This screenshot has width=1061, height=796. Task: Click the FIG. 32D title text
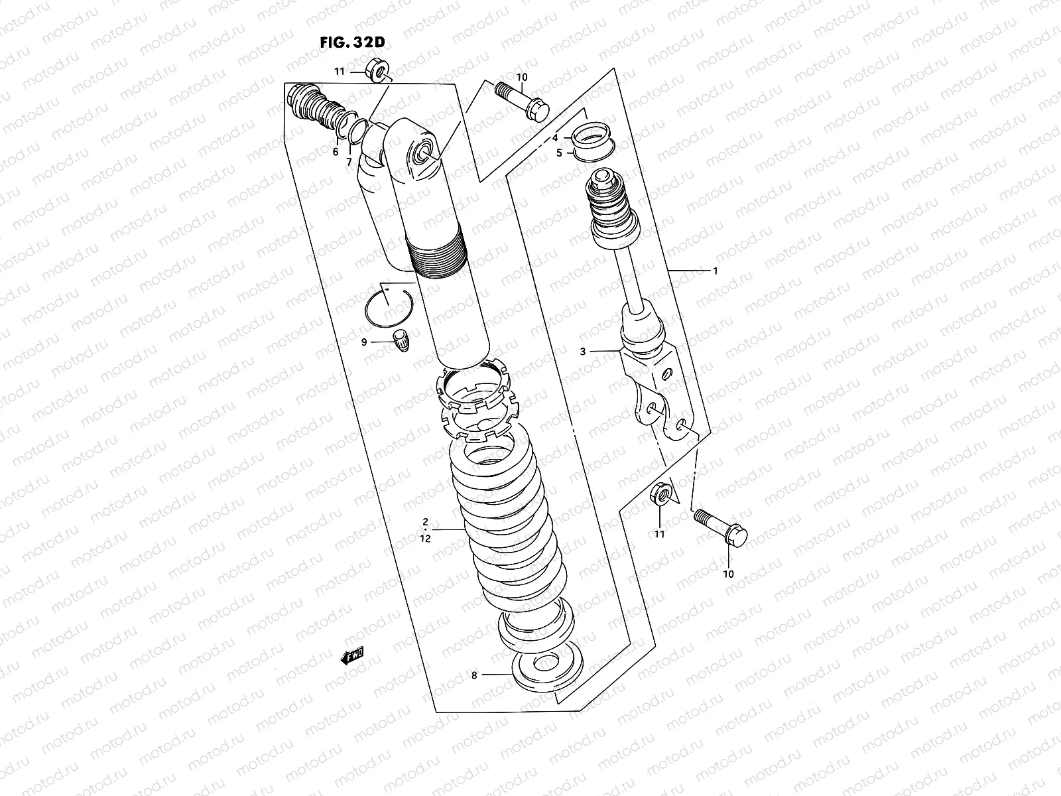coord(351,42)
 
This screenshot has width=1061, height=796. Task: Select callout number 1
coord(716,271)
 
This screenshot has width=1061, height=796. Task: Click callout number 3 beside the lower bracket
coord(583,352)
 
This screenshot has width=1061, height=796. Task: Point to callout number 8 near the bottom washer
coord(474,676)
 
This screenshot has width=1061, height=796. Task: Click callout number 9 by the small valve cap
coord(364,342)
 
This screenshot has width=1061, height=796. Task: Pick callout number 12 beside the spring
coord(425,539)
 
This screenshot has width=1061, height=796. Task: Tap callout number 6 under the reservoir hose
coord(336,152)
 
